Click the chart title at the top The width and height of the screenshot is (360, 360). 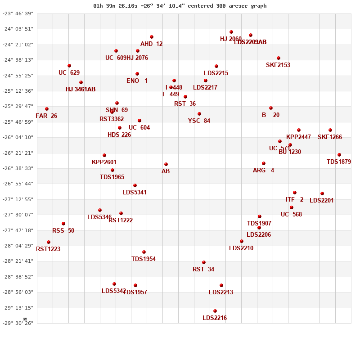coord(180,6)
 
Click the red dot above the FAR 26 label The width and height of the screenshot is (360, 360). coord(47,109)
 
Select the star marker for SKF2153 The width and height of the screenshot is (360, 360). coord(279,58)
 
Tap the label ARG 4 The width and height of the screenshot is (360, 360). coord(263,170)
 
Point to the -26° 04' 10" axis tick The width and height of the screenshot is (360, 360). coord(18,137)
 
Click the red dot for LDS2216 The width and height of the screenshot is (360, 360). coord(215,311)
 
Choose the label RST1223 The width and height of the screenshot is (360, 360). coord(48,249)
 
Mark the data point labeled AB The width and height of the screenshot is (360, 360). coord(166,164)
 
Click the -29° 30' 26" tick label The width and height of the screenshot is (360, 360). coord(18,323)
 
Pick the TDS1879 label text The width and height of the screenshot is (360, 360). coord(338,162)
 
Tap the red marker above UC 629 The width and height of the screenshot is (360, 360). coord(69,66)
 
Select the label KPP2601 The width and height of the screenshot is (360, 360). coord(104,162)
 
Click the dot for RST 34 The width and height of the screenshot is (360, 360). coord(204,262)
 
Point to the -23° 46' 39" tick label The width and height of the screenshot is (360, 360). coord(18,13)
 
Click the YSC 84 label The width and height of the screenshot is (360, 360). coord(199,121)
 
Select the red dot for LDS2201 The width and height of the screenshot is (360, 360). coord(322,193)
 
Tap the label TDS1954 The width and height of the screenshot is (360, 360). coord(144,259)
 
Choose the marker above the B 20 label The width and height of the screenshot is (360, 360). coord(271,108)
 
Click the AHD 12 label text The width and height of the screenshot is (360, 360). coord(151,44)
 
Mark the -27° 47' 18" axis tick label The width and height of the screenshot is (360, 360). coord(18,230)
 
